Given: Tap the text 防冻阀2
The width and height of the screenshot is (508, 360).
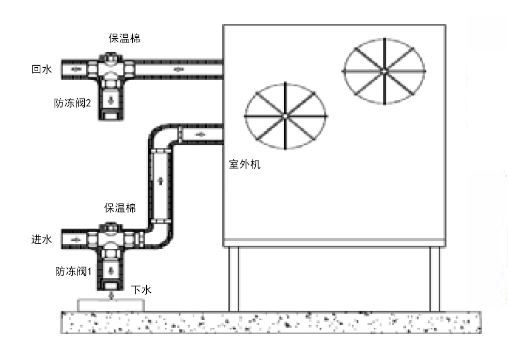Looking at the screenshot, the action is (72, 103).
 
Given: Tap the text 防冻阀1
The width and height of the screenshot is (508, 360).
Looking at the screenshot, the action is (73, 271).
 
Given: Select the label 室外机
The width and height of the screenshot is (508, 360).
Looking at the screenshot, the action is (245, 166).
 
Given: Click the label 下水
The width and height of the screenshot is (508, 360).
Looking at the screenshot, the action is (141, 291).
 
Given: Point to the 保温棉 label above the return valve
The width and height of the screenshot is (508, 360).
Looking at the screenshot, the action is (124, 39).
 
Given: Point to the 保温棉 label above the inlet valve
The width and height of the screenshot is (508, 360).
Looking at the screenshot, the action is (120, 208).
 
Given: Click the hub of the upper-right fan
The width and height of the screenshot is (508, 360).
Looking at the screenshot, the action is (384, 69).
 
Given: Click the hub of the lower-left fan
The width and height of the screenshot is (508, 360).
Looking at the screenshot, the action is (285, 116).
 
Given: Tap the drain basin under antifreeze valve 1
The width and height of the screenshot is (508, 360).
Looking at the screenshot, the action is (111, 305).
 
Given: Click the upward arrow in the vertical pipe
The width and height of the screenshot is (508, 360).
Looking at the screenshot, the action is (160, 181).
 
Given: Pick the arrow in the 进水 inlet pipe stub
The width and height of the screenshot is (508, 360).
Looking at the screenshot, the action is (75, 239).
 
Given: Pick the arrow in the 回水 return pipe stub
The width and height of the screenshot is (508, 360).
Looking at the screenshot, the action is (75, 68).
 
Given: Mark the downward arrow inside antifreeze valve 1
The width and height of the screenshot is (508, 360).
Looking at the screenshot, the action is (111, 270).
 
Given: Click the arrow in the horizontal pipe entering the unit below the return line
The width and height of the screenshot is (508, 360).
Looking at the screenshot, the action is (201, 134).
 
